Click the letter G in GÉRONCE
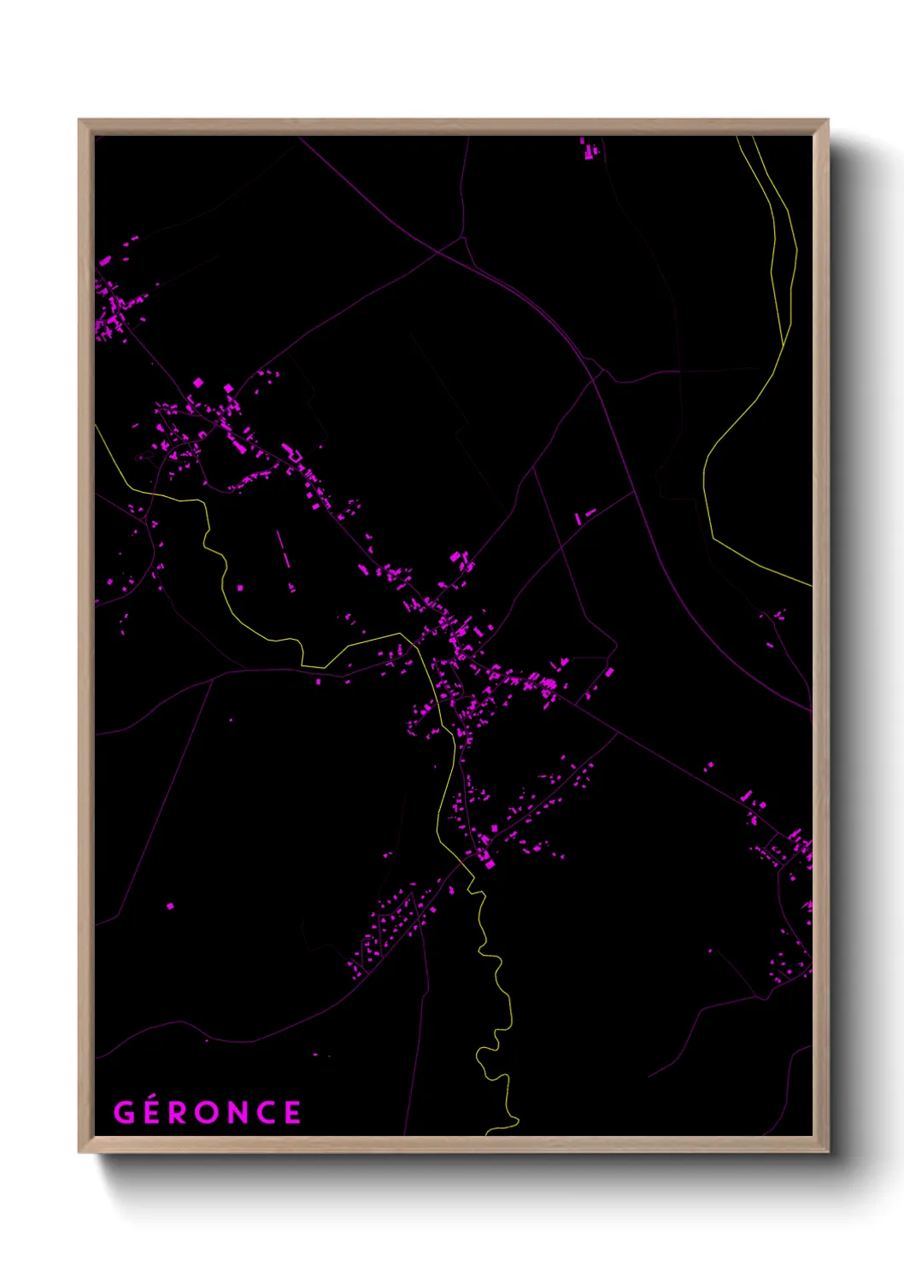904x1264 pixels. [125, 1113]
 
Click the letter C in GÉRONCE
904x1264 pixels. [267, 1113]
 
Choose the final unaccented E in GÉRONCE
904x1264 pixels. [292, 1113]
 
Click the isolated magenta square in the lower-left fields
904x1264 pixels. [170, 905]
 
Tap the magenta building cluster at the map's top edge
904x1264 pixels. [588, 149]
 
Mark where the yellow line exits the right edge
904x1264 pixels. [810, 584]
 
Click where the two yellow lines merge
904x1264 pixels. [784, 344]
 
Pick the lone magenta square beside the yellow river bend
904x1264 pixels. [239, 588]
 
